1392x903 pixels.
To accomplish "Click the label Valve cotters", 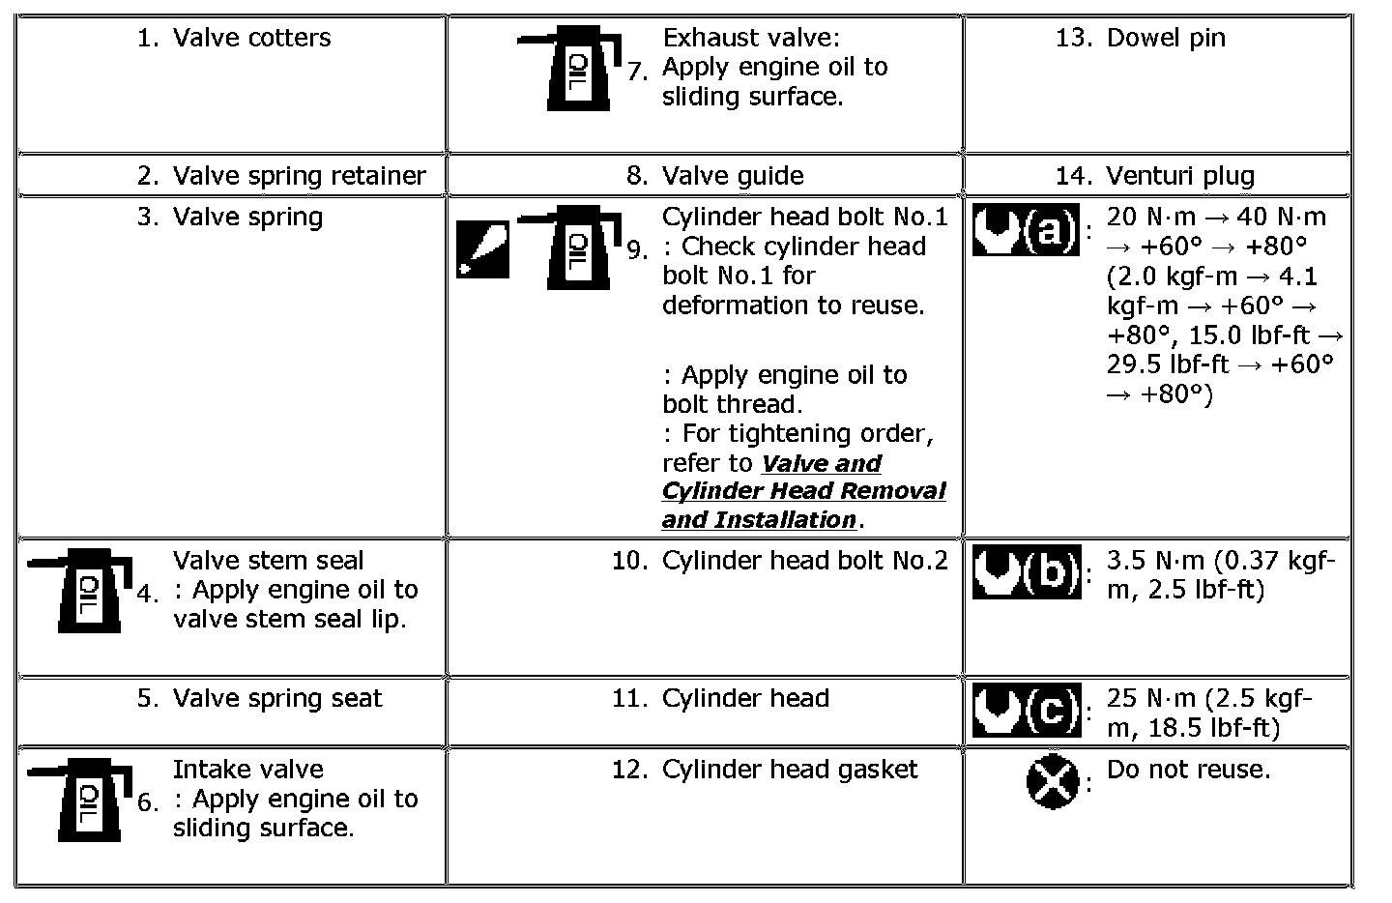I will [x=251, y=38].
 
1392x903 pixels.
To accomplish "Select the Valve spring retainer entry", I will [x=299, y=176].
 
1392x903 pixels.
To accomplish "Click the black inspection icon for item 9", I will [x=482, y=248].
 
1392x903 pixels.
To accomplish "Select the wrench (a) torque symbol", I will [x=1026, y=230].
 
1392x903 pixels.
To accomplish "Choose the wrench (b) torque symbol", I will [x=1026, y=573].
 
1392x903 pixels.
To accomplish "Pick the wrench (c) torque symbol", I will [x=1026, y=712].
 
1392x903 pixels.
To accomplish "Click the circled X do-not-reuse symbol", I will [x=1052, y=781].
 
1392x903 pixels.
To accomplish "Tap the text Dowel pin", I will [x=1166, y=38].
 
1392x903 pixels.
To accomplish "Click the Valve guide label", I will [x=733, y=176].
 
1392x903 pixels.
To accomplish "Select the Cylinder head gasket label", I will [x=790, y=770].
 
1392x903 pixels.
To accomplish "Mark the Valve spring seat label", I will [x=277, y=699].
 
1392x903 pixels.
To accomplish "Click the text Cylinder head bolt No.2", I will [x=805, y=561].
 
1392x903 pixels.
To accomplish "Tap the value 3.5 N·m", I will [x=1155, y=561].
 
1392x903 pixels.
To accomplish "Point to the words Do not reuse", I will [x=1188, y=770].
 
